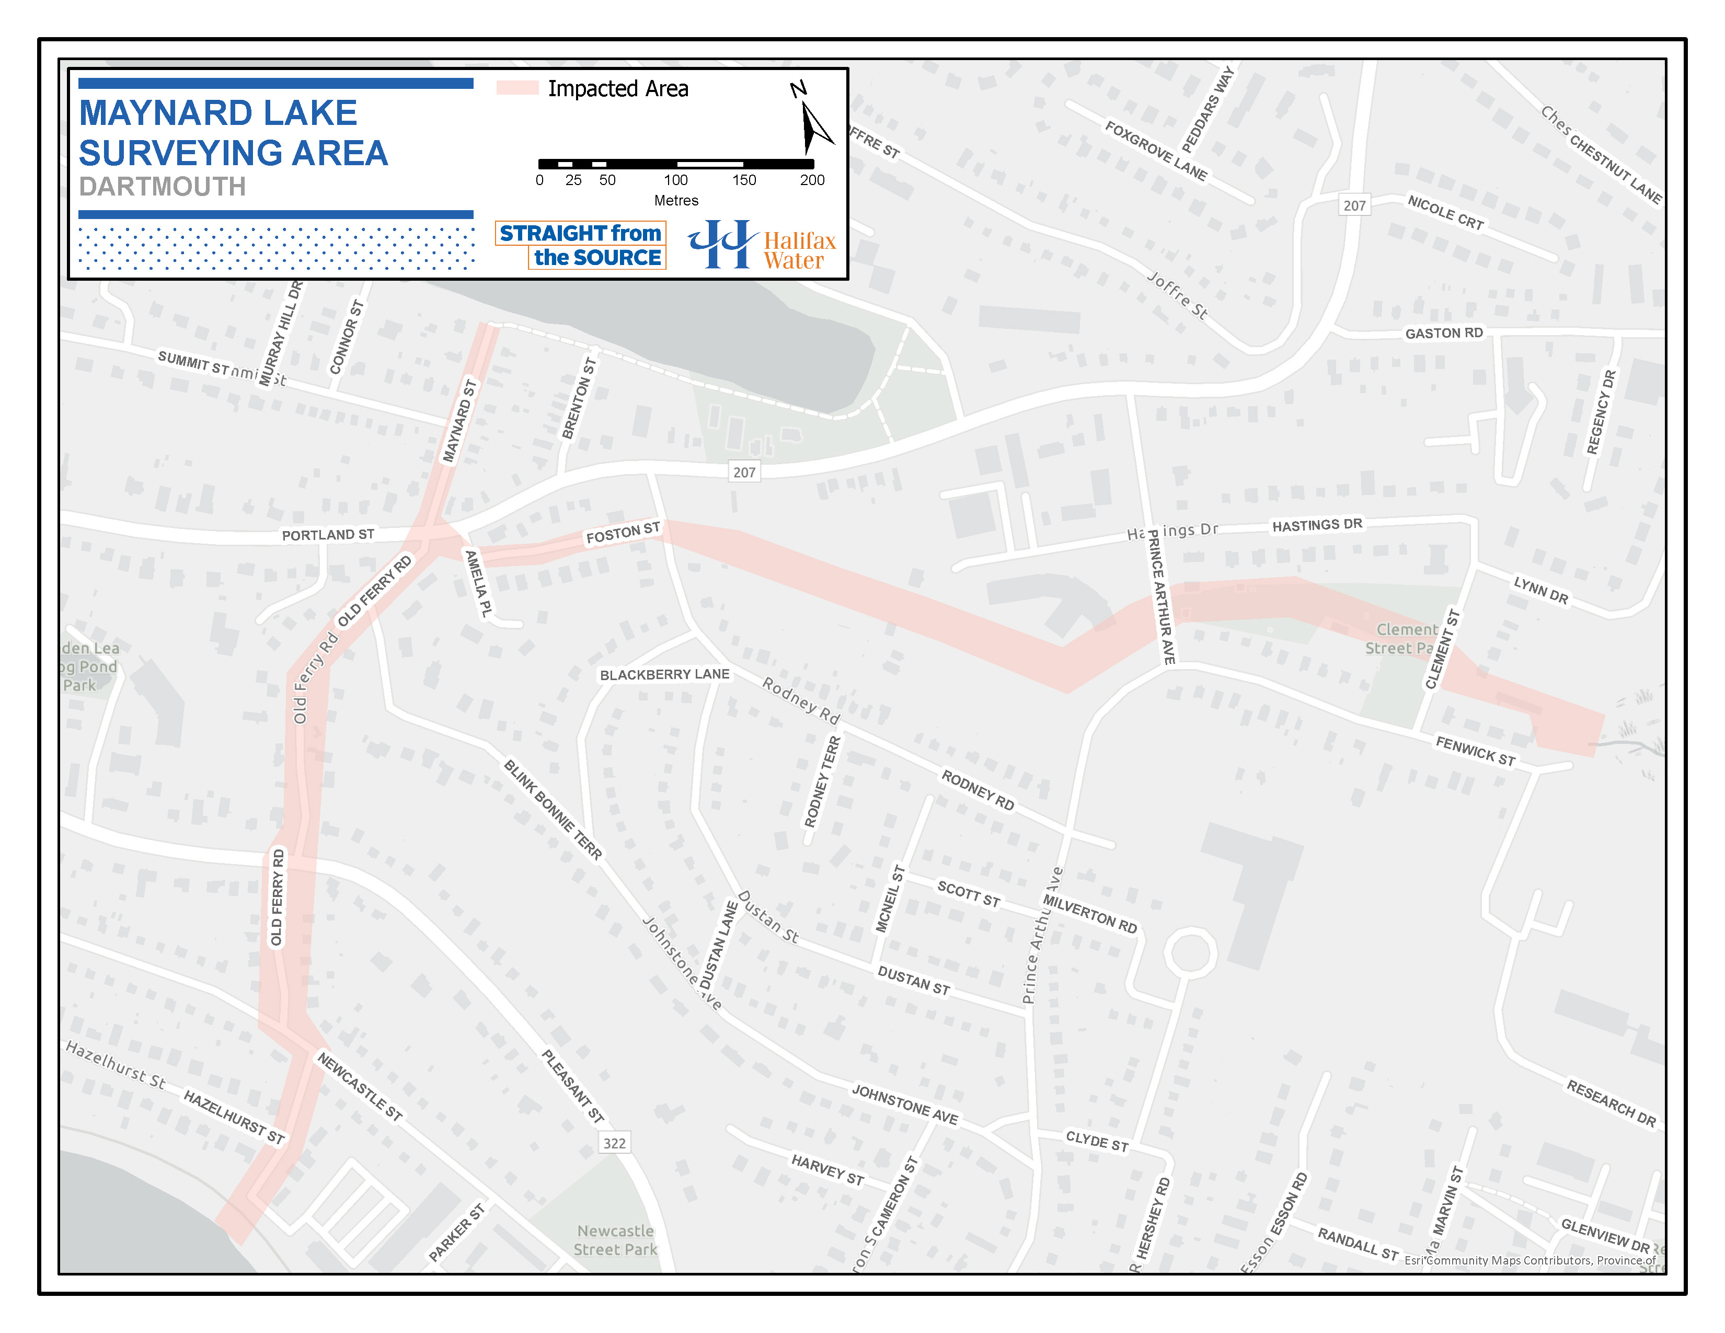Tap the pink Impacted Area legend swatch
tap(517, 88)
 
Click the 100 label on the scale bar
tap(675, 180)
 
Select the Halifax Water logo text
tap(799, 250)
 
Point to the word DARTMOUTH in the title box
tap(163, 187)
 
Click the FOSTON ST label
tap(623, 534)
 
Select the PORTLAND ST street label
tap(328, 535)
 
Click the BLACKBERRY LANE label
tap(664, 674)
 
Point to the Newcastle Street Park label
tap(615, 1240)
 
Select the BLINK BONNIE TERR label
tap(553, 809)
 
